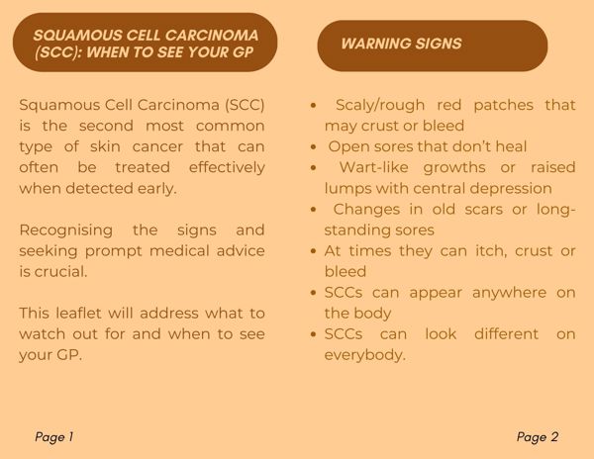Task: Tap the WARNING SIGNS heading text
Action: coord(401,44)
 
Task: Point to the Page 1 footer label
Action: coord(53,437)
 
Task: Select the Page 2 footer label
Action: coord(538,437)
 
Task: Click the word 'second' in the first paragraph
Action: coord(106,126)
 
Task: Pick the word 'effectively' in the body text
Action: coord(227,167)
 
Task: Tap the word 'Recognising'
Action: coord(66,230)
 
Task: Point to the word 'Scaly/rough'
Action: coord(380,105)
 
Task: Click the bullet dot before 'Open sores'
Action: coord(313,147)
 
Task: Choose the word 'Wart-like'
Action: coord(373,167)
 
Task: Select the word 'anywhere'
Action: coord(509,293)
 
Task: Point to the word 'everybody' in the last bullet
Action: coord(363,355)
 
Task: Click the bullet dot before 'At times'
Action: coord(313,251)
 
